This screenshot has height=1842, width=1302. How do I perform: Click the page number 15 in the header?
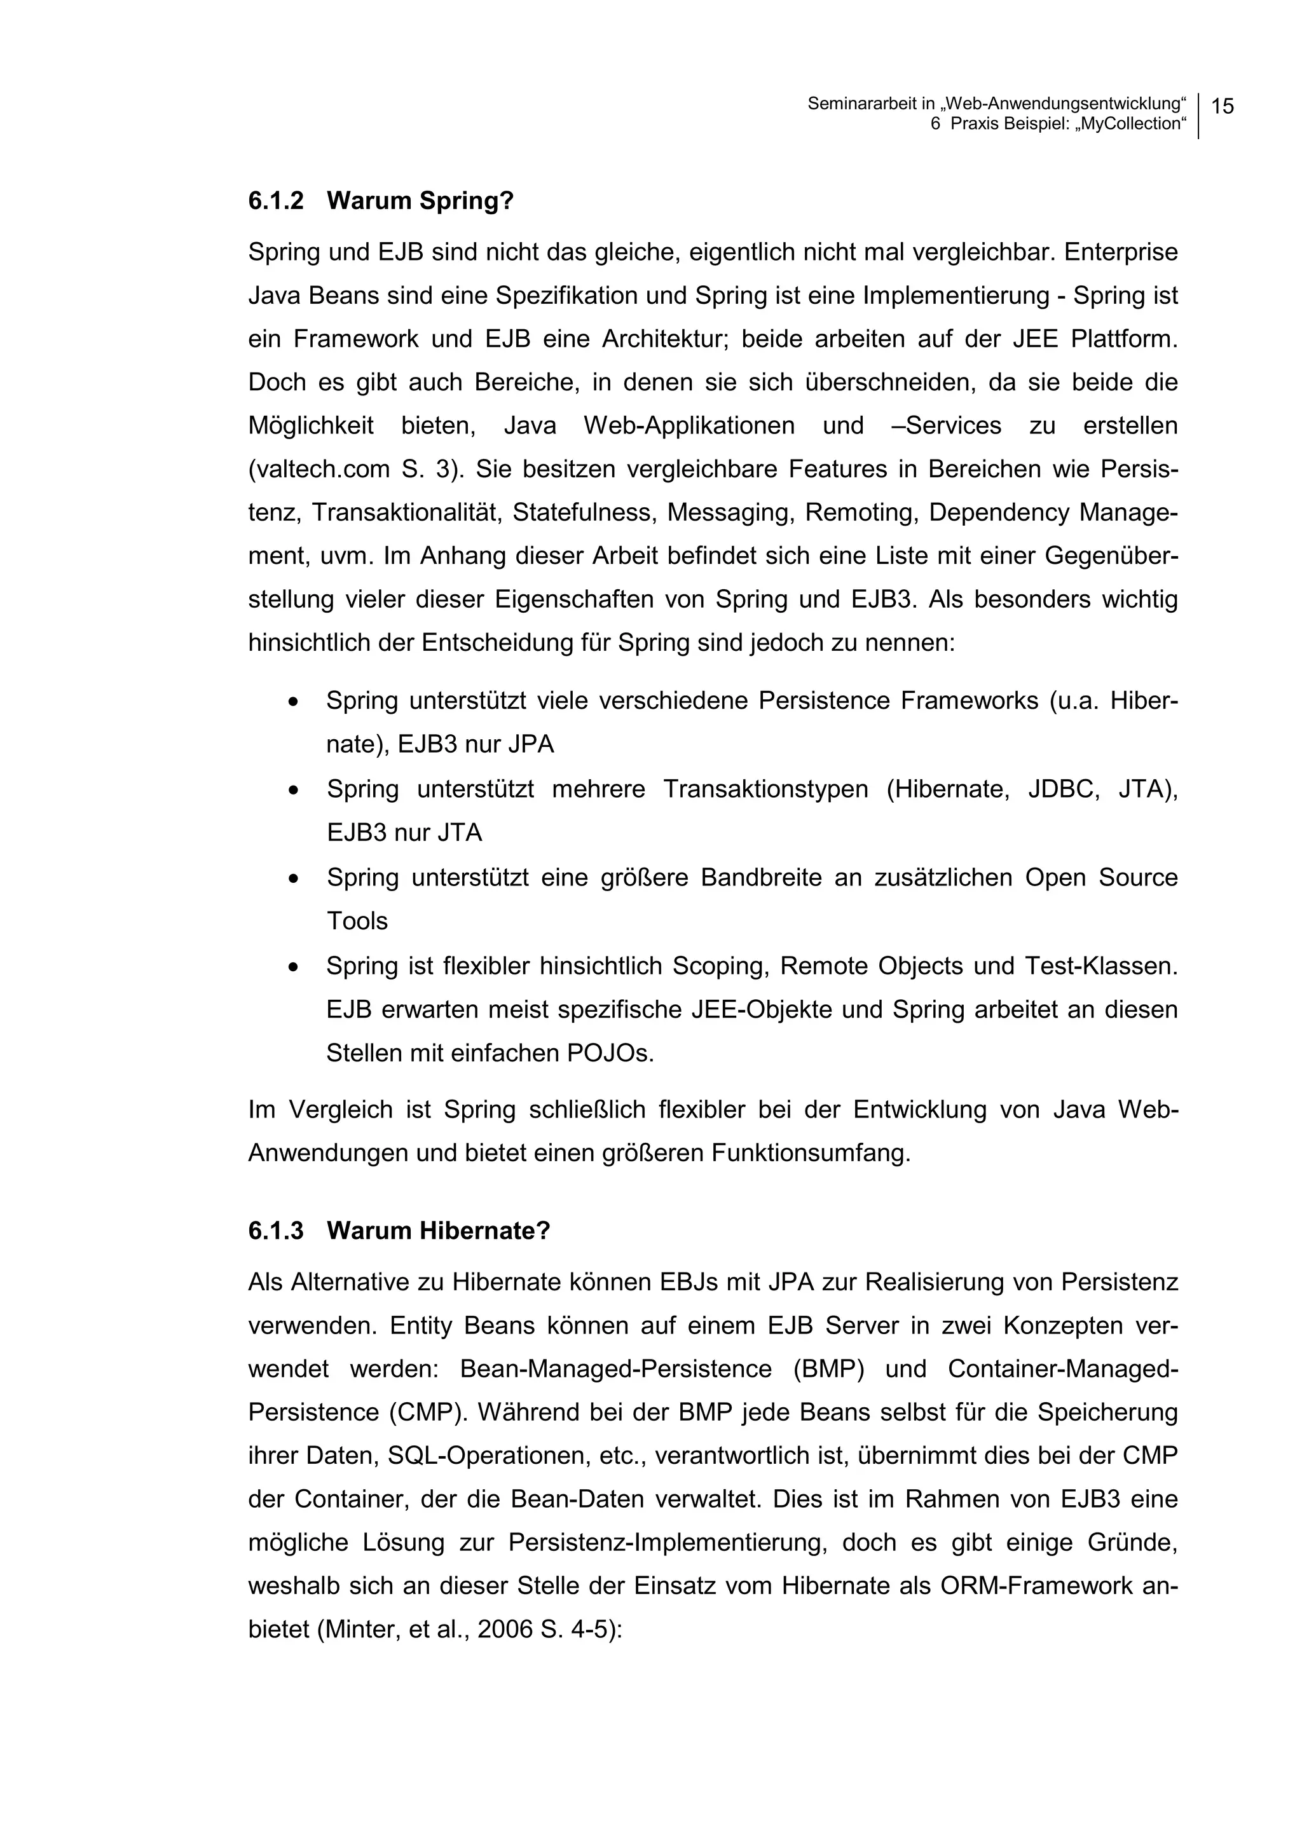click(1222, 106)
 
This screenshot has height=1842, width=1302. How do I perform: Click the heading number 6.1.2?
click(276, 201)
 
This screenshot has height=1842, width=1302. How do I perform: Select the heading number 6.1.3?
click(276, 1230)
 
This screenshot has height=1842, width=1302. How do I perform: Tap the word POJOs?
click(610, 1052)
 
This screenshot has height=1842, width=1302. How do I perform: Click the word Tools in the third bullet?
click(357, 920)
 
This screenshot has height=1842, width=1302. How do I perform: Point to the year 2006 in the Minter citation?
click(505, 1628)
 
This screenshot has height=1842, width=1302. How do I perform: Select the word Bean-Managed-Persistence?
click(615, 1368)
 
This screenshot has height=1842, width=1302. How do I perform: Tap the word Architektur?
click(664, 339)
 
